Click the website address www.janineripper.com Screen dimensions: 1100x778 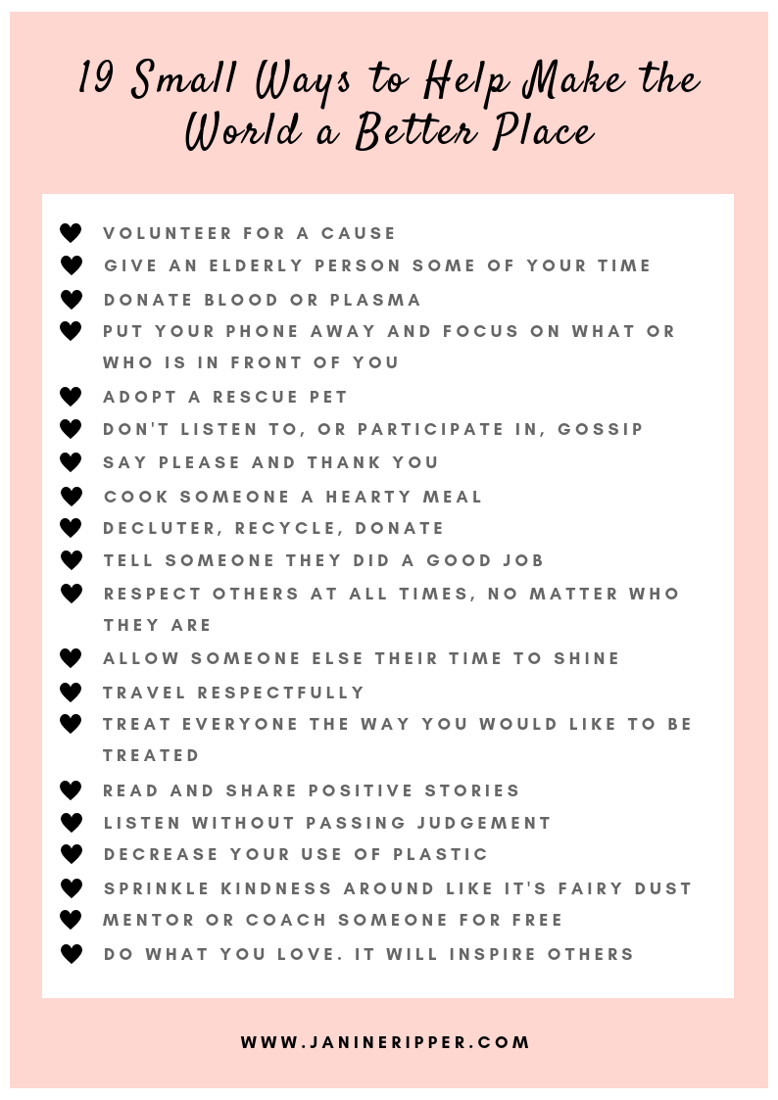click(x=385, y=1042)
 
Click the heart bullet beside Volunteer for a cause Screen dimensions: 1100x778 click(x=71, y=233)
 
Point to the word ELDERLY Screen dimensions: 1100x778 click(x=283, y=265)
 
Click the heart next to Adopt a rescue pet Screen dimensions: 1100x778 click(x=71, y=397)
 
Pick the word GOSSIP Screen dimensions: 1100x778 click(x=600, y=429)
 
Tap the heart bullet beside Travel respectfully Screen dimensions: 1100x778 click(x=71, y=693)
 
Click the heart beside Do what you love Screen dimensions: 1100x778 click(x=71, y=954)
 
